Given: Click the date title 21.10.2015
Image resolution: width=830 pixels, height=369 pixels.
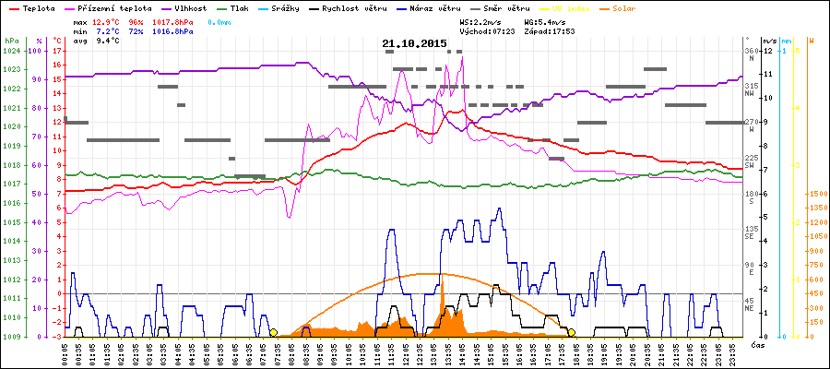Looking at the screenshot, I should tap(414, 43).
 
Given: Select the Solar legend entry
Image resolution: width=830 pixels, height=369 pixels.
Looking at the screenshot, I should tap(636, 7).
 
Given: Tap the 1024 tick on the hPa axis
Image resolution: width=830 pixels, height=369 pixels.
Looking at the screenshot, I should tap(11, 51).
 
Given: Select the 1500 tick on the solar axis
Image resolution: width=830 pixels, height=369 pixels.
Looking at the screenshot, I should tap(815, 194).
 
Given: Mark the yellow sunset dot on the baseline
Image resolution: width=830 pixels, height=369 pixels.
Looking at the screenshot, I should tap(572, 332).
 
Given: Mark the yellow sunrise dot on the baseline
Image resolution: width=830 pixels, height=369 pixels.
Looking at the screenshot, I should tap(273, 332).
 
